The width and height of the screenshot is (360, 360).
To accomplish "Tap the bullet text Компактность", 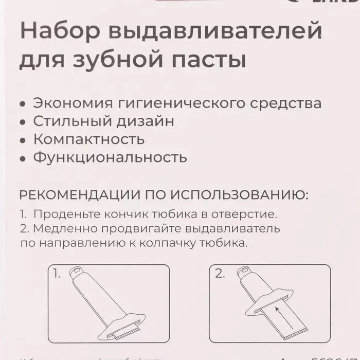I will [88, 139].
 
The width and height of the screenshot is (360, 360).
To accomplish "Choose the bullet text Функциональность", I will [110, 157].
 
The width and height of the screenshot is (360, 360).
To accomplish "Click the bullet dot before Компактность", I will [22, 140].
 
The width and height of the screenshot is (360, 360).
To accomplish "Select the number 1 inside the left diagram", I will [57, 274].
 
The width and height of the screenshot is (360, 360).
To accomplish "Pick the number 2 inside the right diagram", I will [220, 274].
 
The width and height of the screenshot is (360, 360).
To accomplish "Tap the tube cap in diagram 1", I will [76, 270].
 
